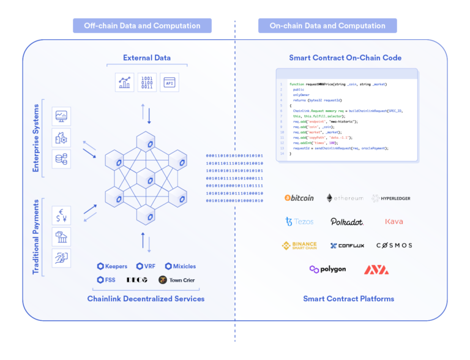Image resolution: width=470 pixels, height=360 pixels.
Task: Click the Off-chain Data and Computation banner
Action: [x=142, y=26]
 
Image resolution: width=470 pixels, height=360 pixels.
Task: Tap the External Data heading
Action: [x=147, y=58]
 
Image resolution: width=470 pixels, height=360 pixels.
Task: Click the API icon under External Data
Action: [x=170, y=82]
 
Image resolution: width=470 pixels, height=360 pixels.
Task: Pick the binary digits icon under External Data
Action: [x=147, y=82]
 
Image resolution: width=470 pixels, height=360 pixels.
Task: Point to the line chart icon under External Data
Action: [x=124, y=82]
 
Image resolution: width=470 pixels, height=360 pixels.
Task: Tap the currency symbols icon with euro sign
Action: [x=61, y=216]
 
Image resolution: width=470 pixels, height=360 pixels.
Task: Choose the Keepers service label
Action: [x=113, y=266]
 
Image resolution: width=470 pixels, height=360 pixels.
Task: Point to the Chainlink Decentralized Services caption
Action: [x=146, y=299]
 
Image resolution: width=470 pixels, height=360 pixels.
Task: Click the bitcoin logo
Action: [x=299, y=198]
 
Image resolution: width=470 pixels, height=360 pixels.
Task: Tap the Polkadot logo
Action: [x=347, y=222]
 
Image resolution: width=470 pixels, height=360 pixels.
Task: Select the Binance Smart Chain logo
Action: [x=299, y=246]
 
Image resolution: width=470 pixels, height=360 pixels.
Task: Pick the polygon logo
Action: [x=327, y=269]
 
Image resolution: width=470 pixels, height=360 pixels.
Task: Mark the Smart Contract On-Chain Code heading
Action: [x=345, y=58]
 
